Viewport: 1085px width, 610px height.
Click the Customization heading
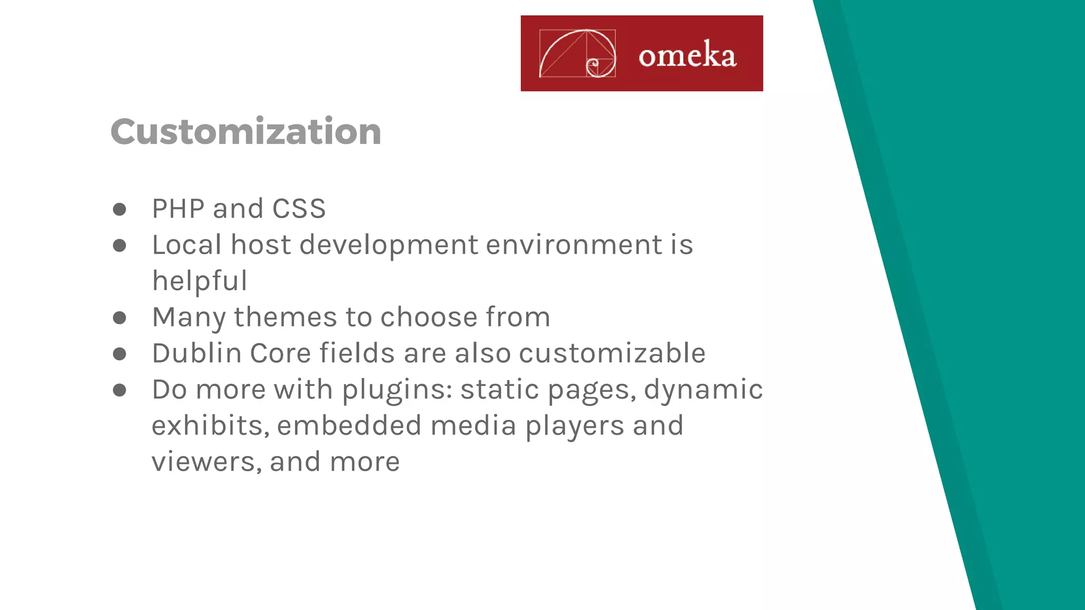pyautogui.click(x=246, y=131)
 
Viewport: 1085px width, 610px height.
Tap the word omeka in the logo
pyautogui.click(x=687, y=55)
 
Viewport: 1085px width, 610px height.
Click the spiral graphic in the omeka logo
pyautogui.click(x=577, y=53)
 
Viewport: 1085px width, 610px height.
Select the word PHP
pyautogui.click(x=178, y=209)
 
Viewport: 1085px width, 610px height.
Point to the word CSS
pyautogui.click(x=299, y=209)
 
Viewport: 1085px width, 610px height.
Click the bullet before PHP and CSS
pyautogui.click(x=120, y=209)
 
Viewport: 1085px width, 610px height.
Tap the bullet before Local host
pyautogui.click(x=120, y=245)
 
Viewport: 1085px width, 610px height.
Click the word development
pyautogui.click(x=389, y=245)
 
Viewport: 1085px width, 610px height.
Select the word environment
pyautogui.click(x=574, y=245)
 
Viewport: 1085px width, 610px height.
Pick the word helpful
pyautogui.click(x=200, y=281)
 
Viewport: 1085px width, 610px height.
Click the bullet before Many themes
pyautogui.click(x=120, y=318)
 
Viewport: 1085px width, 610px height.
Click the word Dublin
pyautogui.click(x=197, y=353)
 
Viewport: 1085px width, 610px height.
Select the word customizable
pyautogui.click(x=612, y=353)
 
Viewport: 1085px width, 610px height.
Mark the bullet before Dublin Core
pyautogui.click(x=120, y=354)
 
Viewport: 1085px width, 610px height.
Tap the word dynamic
pyautogui.click(x=704, y=390)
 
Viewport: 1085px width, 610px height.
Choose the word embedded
pyautogui.click(x=349, y=426)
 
